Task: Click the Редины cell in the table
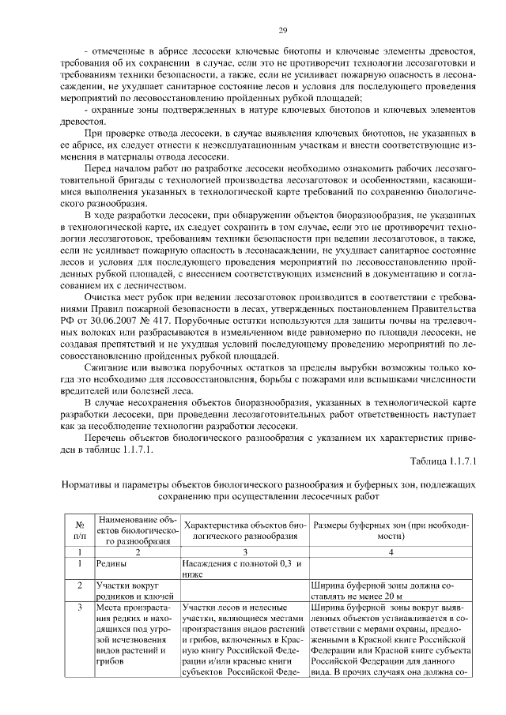coord(111,564)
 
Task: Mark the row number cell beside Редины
coord(80,564)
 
